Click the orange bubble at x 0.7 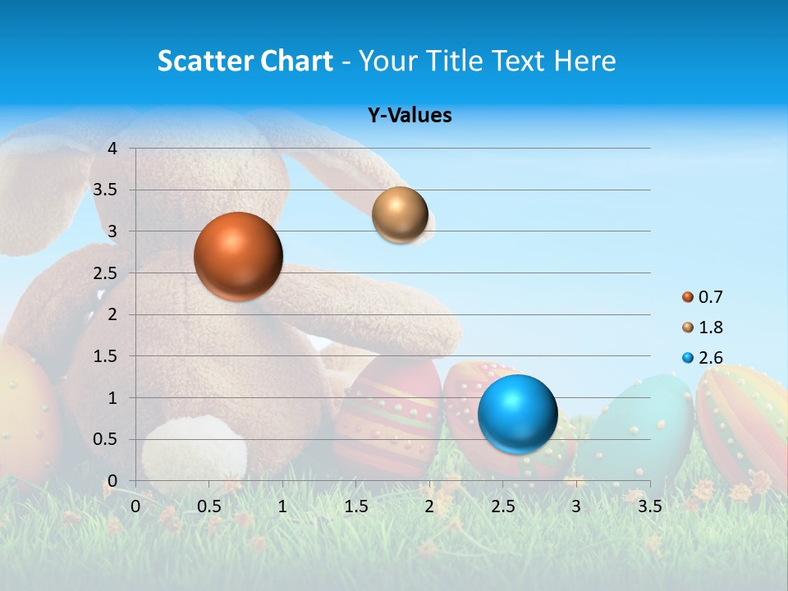(238, 256)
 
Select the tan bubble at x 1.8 (400, 214)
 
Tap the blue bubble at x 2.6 (517, 414)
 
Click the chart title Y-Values (409, 116)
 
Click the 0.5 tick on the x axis (208, 506)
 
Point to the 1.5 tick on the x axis (355, 506)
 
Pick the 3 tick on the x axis (576, 506)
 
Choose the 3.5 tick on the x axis (649, 506)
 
